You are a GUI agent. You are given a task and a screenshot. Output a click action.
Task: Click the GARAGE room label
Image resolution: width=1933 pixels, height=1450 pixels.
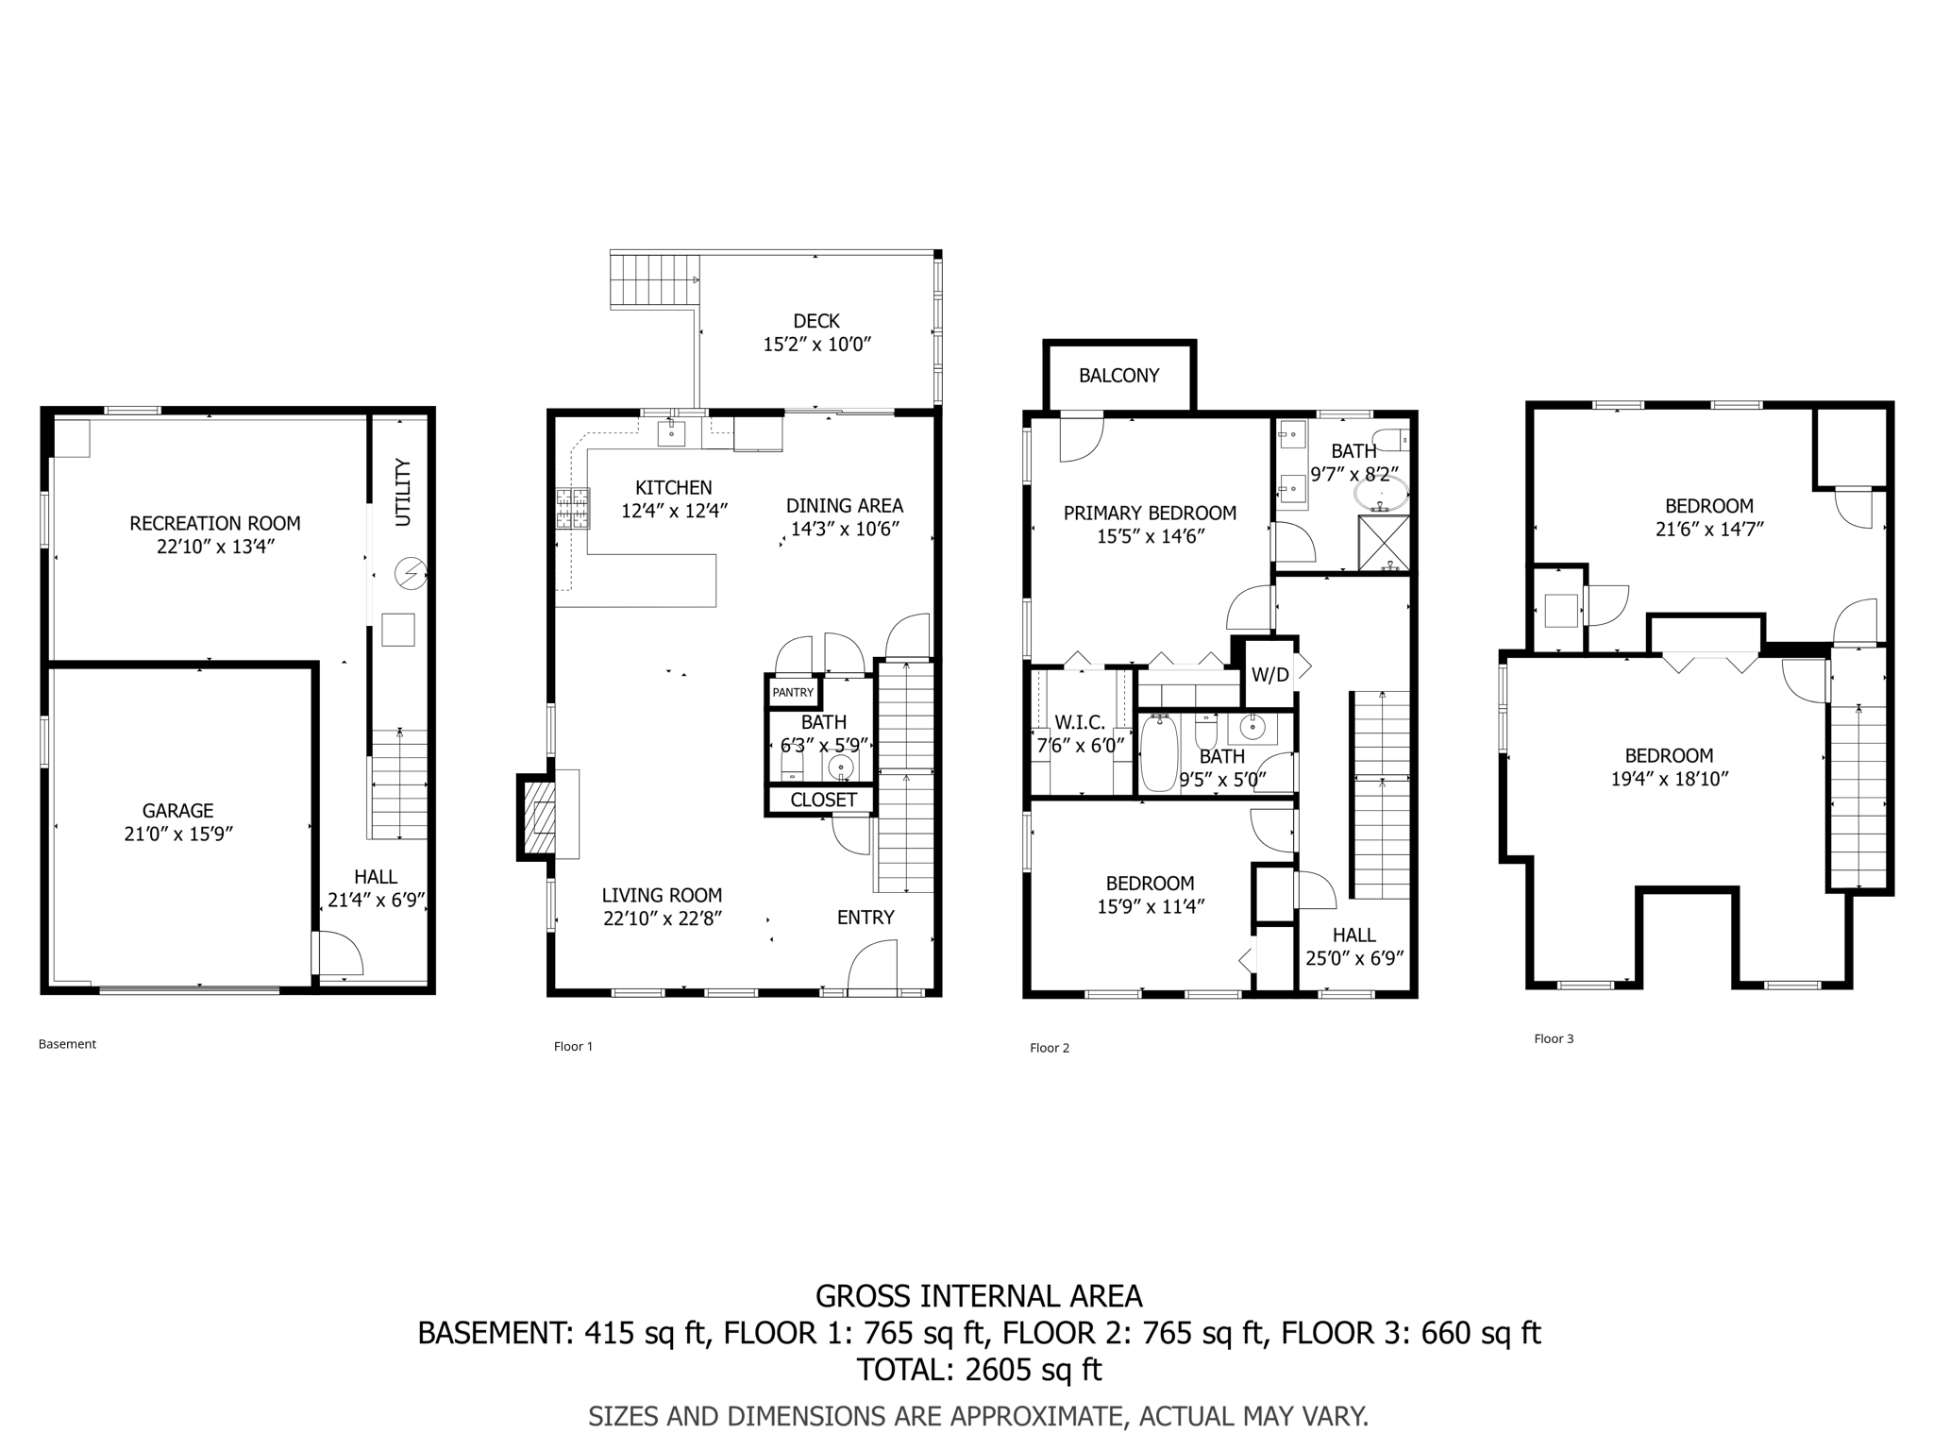[x=177, y=810]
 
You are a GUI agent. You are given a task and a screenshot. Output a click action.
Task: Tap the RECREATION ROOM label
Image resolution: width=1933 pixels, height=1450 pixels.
[x=215, y=523]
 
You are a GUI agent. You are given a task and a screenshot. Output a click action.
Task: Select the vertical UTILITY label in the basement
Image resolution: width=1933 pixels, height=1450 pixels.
[x=403, y=492]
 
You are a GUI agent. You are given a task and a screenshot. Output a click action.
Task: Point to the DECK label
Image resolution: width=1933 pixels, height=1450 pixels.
[x=816, y=321]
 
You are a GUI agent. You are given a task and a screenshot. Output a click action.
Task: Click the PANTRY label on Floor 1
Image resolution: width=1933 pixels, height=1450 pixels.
[x=793, y=692]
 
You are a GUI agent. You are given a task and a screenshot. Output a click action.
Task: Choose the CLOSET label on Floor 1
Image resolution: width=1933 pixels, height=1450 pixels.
[x=824, y=800]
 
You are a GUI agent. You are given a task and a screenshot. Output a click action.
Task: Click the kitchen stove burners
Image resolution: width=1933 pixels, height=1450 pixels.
[x=573, y=508]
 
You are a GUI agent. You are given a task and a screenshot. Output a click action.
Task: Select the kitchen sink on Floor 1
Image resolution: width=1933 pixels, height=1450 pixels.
[x=671, y=434]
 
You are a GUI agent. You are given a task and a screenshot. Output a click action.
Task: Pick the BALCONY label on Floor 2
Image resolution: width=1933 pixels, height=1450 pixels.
[x=1119, y=376]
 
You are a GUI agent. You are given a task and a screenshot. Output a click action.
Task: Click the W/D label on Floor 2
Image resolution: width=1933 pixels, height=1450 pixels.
[x=1270, y=675]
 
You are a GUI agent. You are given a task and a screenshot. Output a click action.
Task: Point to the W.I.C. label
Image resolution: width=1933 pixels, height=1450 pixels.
[x=1080, y=722]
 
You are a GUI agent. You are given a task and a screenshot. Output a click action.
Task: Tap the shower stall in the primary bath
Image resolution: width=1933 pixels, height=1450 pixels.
[x=1384, y=543]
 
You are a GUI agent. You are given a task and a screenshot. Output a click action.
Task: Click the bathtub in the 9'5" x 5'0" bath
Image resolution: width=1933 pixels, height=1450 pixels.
[x=1159, y=753]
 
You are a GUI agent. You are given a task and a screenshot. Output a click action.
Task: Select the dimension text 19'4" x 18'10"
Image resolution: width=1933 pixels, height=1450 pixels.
[x=1670, y=779]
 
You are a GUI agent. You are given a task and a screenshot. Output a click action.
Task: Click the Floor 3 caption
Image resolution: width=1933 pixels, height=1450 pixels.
[x=1554, y=1038]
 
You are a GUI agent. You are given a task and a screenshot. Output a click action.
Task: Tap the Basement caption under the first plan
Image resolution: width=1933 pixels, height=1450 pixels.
[x=67, y=1044]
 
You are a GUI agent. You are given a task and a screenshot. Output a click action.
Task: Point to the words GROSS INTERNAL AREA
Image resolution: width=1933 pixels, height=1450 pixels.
[x=979, y=1296]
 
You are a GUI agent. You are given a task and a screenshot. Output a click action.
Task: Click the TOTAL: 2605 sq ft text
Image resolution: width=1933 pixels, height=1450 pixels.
[x=979, y=1369]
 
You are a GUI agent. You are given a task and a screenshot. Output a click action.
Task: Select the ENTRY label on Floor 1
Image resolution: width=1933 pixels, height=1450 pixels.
[x=866, y=918]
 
